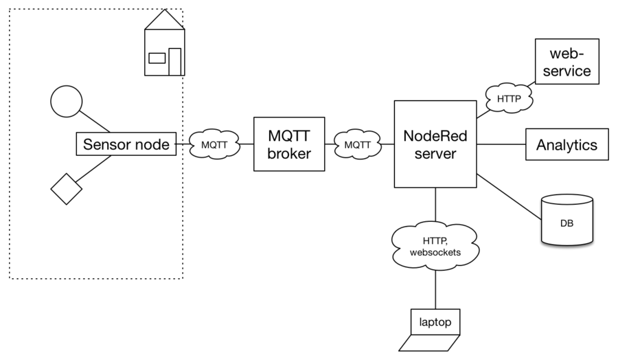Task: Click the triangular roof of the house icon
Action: tap(165, 21)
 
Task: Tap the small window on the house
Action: tap(157, 58)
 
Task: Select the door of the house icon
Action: tap(175, 61)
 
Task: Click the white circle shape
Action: tap(67, 102)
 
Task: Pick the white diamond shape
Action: tap(67, 189)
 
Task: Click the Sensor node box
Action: tap(126, 144)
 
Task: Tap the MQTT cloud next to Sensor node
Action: tap(214, 145)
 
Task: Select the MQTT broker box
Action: tap(289, 144)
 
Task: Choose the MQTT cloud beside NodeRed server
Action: tap(357, 145)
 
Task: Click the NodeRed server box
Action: tap(435, 144)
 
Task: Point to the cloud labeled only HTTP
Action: tap(509, 99)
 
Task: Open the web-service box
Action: tap(566, 62)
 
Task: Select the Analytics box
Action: tap(566, 145)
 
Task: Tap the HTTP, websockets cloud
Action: tap(435, 246)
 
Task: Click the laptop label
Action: tap(435, 322)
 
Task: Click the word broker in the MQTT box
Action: tap(289, 153)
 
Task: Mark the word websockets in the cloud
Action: tap(435, 252)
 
